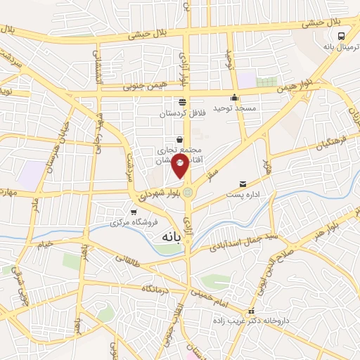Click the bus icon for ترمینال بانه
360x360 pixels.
[x=340, y=37]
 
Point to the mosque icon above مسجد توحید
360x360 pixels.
[x=234, y=98]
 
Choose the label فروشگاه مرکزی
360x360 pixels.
[x=134, y=223]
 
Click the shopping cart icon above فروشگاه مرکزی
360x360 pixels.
[x=134, y=212]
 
